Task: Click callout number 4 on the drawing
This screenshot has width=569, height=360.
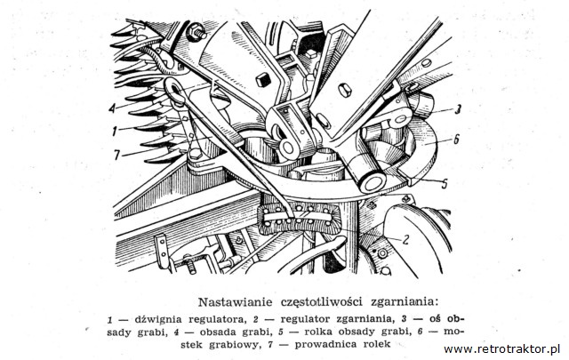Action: pos(112,108)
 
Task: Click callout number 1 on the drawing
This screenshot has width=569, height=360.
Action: pos(115,131)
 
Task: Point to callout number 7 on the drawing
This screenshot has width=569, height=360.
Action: pos(116,156)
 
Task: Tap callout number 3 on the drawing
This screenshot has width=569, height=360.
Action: pos(458,109)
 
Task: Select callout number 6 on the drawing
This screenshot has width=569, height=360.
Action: pos(456,139)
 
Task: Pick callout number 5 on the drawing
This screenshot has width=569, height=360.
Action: pos(445,184)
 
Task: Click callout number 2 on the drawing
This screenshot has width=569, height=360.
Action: pos(405,239)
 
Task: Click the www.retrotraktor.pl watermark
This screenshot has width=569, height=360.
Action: pos(501,349)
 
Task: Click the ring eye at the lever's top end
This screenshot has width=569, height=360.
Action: pos(174,90)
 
